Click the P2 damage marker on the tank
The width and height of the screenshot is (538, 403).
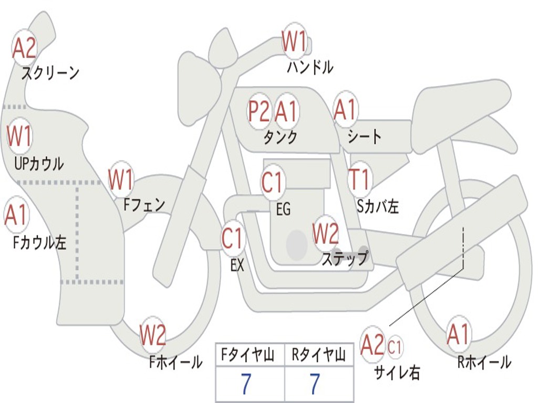point(258,111)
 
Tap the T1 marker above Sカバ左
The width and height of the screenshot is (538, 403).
point(360,179)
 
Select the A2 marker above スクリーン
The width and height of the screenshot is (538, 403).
point(24,48)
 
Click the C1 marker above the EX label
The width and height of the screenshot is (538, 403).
point(232,239)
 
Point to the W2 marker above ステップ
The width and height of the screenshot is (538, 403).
point(326,234)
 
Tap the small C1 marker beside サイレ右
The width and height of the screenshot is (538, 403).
point(395,347)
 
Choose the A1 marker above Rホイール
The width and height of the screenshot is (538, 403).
point(458,335)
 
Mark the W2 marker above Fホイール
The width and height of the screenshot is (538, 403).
point(153,336)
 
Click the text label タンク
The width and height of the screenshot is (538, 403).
point(280,137)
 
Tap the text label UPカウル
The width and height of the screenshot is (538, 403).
point(38,164)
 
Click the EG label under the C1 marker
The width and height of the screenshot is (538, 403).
point(283,210)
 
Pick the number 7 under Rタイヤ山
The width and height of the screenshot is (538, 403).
point(314,385)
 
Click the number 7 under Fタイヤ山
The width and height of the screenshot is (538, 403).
point(246,385)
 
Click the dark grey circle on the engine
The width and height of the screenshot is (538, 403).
point(296,245)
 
